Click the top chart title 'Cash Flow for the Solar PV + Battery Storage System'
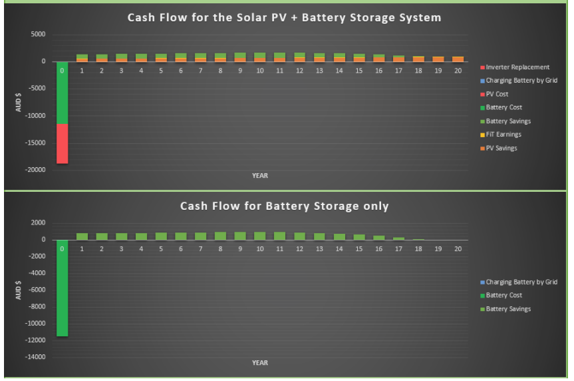284,17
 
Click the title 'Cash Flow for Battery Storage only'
284,206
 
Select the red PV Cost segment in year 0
63,144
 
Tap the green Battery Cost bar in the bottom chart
63,288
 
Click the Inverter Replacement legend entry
515,67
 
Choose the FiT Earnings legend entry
501,135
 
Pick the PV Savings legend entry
499,148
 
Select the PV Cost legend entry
494,94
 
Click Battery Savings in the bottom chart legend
505,309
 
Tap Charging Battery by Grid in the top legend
519,81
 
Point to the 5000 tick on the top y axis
38,34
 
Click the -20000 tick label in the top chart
35,170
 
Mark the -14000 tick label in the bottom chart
35,357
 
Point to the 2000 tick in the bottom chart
38,222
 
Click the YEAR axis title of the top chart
260,176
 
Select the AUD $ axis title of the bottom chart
19,290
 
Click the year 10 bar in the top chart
260,57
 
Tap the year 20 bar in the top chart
458,59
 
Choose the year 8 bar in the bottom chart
220,236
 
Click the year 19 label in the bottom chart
438,249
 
